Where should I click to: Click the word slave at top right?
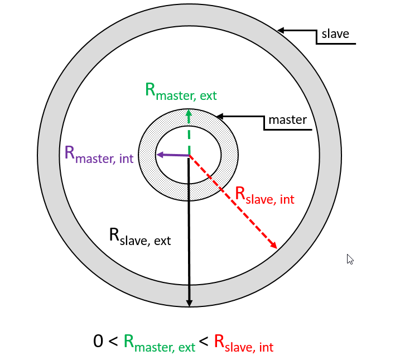[x=335, y=33]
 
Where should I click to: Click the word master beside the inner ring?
[x=287, y=119]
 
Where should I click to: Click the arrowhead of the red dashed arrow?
[x=274, y=245]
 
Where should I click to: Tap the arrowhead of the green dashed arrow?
[x=189, y=113]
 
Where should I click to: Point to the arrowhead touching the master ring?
[x=220, y=117]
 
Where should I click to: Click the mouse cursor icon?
[x=350, y=259]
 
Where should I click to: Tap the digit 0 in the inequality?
[x=99, y=341]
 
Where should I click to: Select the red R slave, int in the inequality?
[x=244, y=343]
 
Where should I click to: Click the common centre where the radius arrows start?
[x=189, y=156]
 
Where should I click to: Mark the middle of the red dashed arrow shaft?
[x=232, y=200]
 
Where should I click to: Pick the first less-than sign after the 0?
[x=113, y=342]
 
